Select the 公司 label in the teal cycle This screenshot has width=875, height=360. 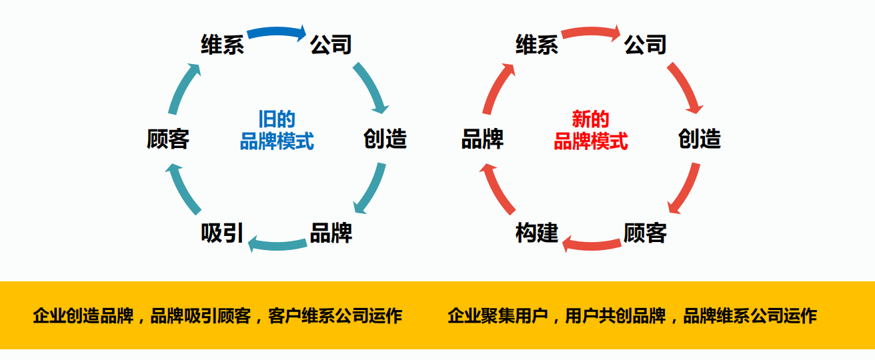[x=331, y=45]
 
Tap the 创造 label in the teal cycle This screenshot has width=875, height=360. [x=385, y=139]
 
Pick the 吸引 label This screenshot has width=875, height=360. [x=222, y=233]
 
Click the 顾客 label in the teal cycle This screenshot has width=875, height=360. [x=168, y=139]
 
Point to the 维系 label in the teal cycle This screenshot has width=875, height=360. [x=222, y=45]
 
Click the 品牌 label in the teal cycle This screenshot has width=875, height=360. [x=331, y=233]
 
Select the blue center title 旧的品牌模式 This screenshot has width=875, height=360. [x=277, y=130]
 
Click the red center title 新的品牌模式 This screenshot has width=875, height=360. [x=591, y=130]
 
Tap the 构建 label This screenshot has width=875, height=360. [x=537, y=233]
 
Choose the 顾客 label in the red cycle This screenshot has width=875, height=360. [x=645, y=233]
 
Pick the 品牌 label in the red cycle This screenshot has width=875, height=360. [x=482, y=139]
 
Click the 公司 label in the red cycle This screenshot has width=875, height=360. [x=645, y=45]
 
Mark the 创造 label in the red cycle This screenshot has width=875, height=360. [x=700, y=139]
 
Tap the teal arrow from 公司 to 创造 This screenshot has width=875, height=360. [x=371, y=87]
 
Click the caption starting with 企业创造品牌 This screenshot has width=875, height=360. [x=217, y=315]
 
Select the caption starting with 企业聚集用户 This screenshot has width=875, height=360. [x=632, y=315]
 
